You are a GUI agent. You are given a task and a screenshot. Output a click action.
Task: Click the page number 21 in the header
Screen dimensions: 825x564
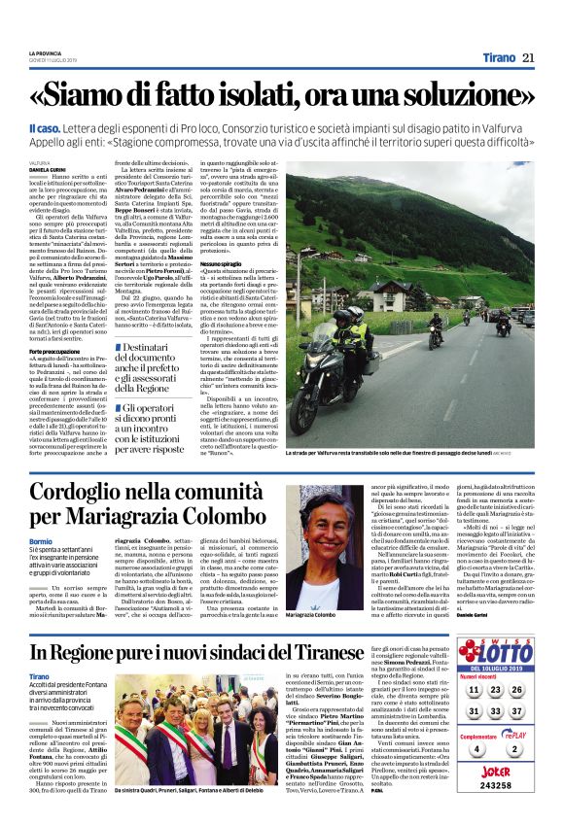pos(528,57)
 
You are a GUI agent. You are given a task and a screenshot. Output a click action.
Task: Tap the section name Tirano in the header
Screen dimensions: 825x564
pos(494,57)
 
